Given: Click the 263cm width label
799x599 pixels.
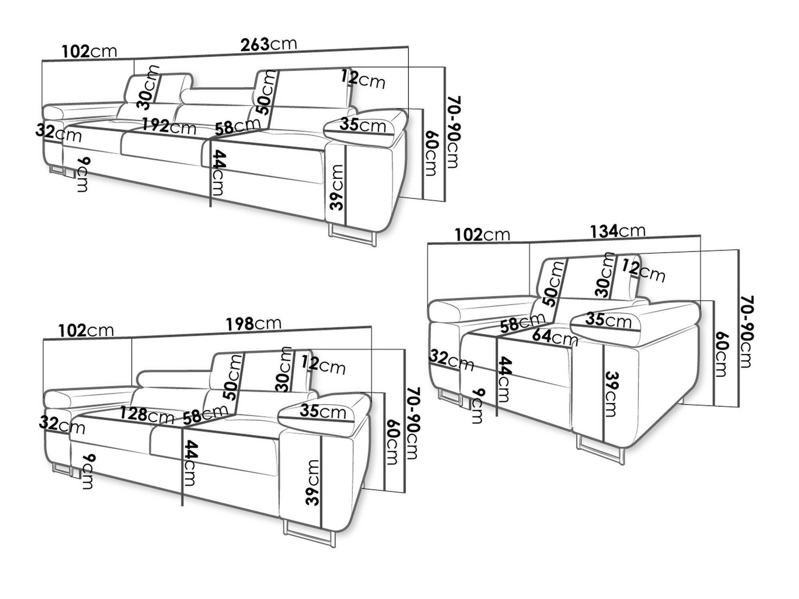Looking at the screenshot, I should click(268, 44).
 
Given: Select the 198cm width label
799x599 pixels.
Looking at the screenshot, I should click(253, 323).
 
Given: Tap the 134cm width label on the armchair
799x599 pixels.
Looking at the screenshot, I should click(617, 231).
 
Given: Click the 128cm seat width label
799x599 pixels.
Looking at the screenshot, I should click(147, 415).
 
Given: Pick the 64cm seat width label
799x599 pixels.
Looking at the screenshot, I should click(555, 337).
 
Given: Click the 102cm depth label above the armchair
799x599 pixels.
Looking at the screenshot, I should click(482, 235).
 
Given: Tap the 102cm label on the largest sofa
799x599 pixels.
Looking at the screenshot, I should click(89, 51).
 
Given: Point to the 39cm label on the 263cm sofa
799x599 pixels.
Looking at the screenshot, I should click(336, 187).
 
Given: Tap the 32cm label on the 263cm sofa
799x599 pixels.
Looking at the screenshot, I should click(58, 133).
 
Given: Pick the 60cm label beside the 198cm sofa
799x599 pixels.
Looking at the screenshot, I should click(392, 442).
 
